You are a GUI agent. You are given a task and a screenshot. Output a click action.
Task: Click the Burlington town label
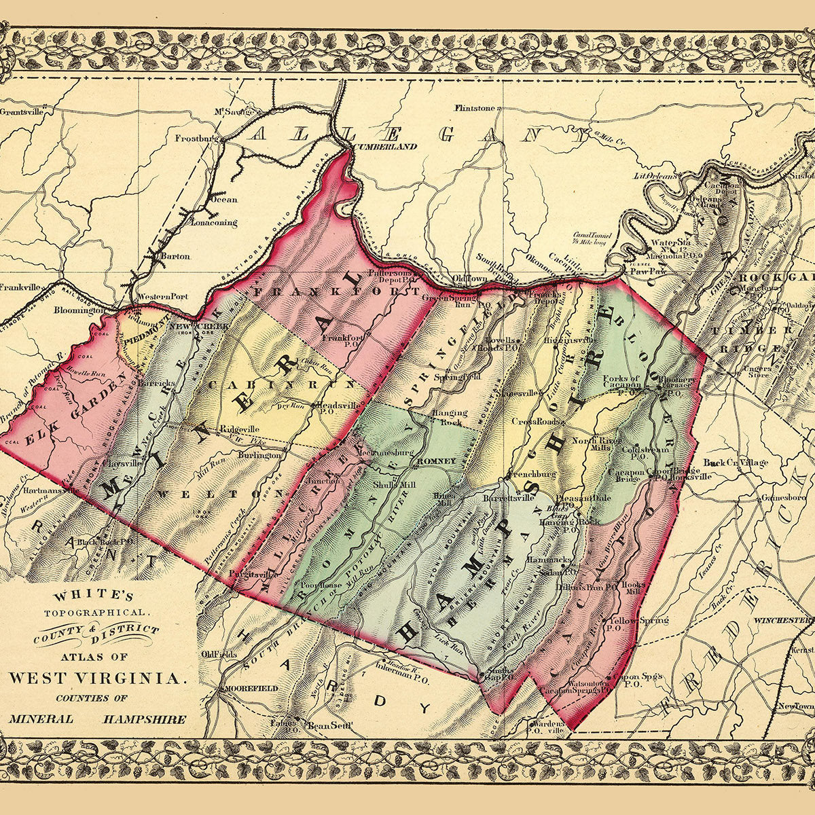(259, 455)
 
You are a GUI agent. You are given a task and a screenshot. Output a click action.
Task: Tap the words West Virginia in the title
(96, 678)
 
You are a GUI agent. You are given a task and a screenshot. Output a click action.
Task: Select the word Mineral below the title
(41, 719)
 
